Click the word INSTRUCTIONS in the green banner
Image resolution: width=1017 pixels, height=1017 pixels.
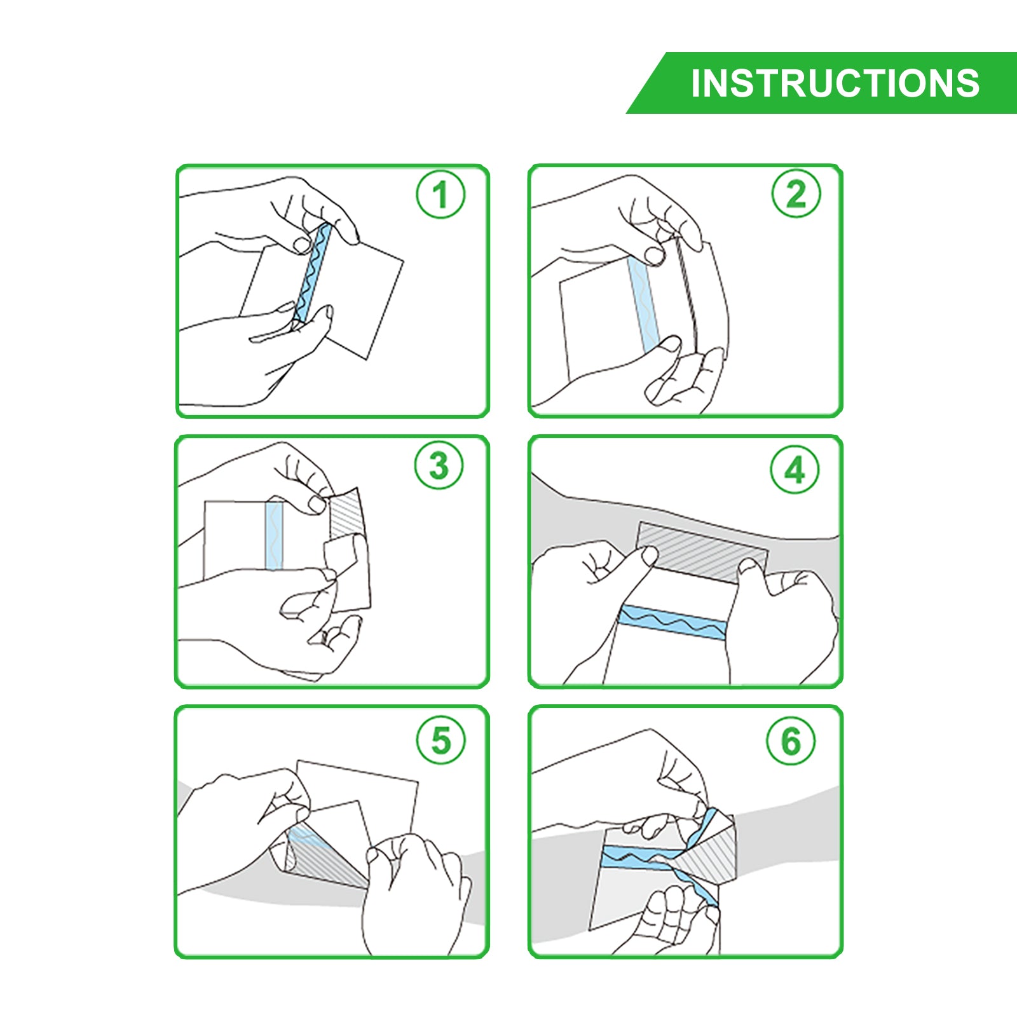pyautogui.click(x=835, y=83)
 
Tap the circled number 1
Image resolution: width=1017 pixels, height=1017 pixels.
pyautogui.click(x=440, y=194)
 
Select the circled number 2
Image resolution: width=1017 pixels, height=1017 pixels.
pyautogui.click(x=796, y=193)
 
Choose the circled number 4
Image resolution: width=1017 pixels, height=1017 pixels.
pyautogui.click(x=795, y=470)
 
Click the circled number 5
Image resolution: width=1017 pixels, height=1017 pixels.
pyautogui.click(x=440, y=740)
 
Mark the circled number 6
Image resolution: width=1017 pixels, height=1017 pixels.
pyautogui.click(x=791, y=741)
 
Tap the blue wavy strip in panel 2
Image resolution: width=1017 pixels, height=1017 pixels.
pyautogui.click(x=643, y=304)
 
